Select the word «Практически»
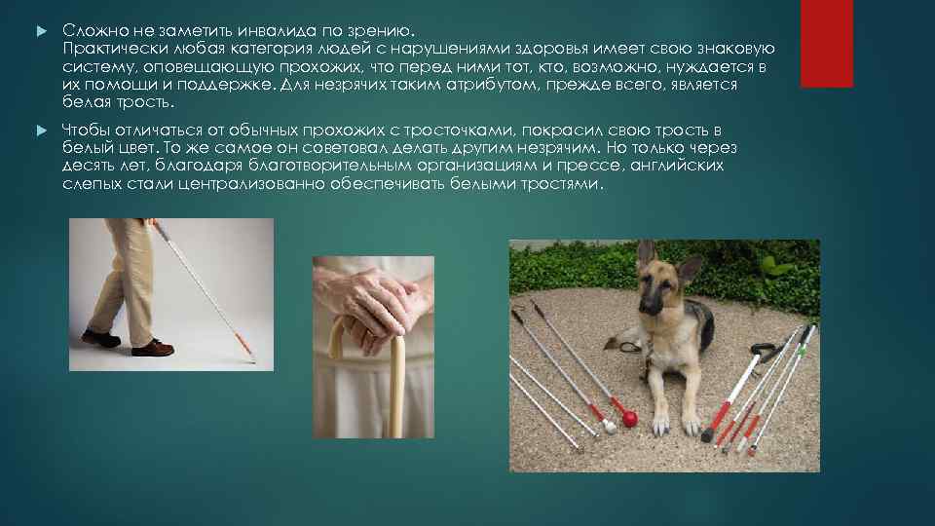(107, 48)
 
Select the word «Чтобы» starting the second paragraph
(86, 131)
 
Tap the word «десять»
(85, 167)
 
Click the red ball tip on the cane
(629, 419)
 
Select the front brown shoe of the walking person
(153, 347)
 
